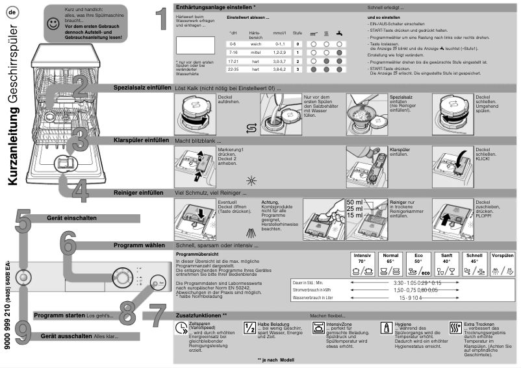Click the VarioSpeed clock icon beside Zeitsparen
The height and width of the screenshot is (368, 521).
181,328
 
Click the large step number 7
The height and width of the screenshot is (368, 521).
155,316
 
